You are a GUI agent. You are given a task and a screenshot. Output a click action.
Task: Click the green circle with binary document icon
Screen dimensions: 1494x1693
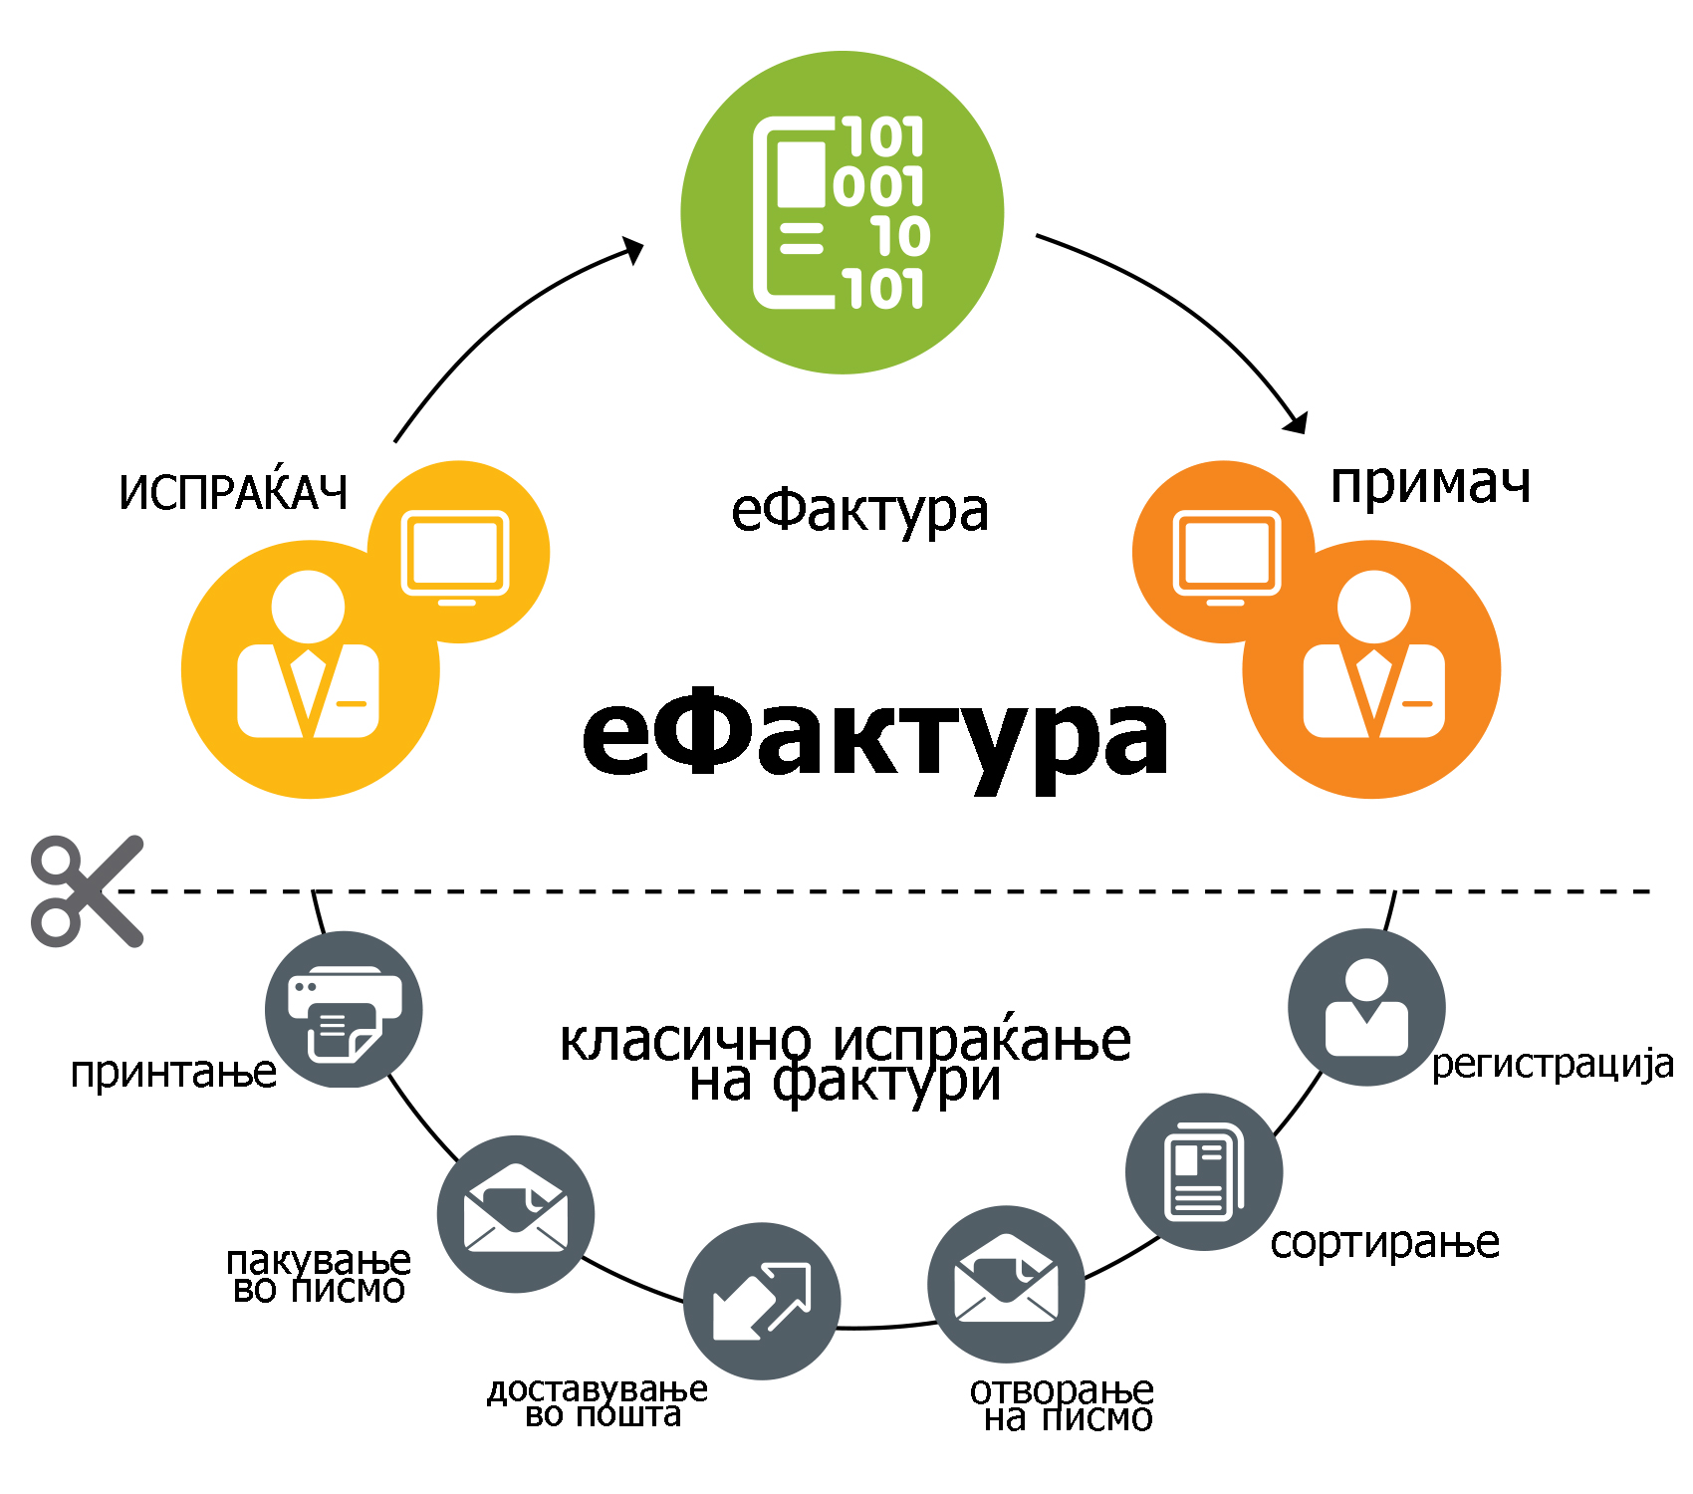[842, 212]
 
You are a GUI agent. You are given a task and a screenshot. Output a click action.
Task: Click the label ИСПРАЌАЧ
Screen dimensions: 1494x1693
[233, 491]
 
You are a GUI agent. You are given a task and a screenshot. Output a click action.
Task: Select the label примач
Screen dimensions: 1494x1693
[1430, 484]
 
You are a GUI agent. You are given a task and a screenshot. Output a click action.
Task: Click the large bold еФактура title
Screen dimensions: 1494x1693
[874, 737]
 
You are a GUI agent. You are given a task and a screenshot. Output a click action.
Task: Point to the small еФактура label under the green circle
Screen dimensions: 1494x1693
[859, 512]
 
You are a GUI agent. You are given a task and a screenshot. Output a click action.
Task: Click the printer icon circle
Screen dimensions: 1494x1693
[344, 1009]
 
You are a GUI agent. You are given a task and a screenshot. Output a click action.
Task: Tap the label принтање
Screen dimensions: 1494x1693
[173, 1073]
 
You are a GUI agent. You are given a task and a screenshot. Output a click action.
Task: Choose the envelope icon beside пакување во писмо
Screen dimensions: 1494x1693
[515, 1213]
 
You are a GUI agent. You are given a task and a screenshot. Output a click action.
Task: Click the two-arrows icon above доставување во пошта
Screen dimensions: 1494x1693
[762, 1300]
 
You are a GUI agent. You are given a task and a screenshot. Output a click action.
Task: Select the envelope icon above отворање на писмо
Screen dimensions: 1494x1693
[1006, 1283]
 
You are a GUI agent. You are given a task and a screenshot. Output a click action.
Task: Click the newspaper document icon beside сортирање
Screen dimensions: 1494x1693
[1203, 1171]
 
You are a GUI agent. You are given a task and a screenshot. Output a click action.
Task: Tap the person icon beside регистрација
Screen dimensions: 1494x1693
[1366, 1007]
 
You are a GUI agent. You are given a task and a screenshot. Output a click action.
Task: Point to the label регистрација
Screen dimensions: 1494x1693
[1552, 1065]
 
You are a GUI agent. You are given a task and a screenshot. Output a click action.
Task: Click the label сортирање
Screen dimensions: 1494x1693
[1384, 1243]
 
